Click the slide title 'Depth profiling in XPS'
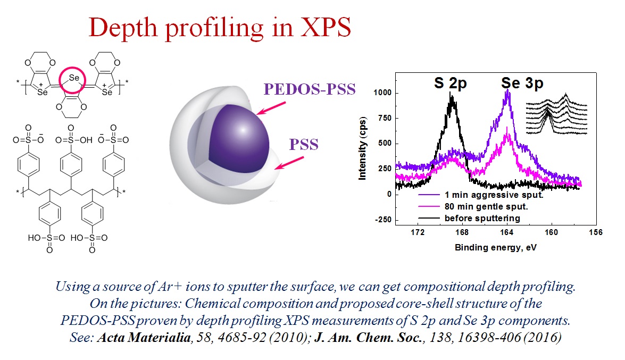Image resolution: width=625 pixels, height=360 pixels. pos(220,27)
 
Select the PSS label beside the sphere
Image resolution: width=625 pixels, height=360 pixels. pos(304,144)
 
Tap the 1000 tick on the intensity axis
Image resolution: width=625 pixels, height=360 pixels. pos(382,93)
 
